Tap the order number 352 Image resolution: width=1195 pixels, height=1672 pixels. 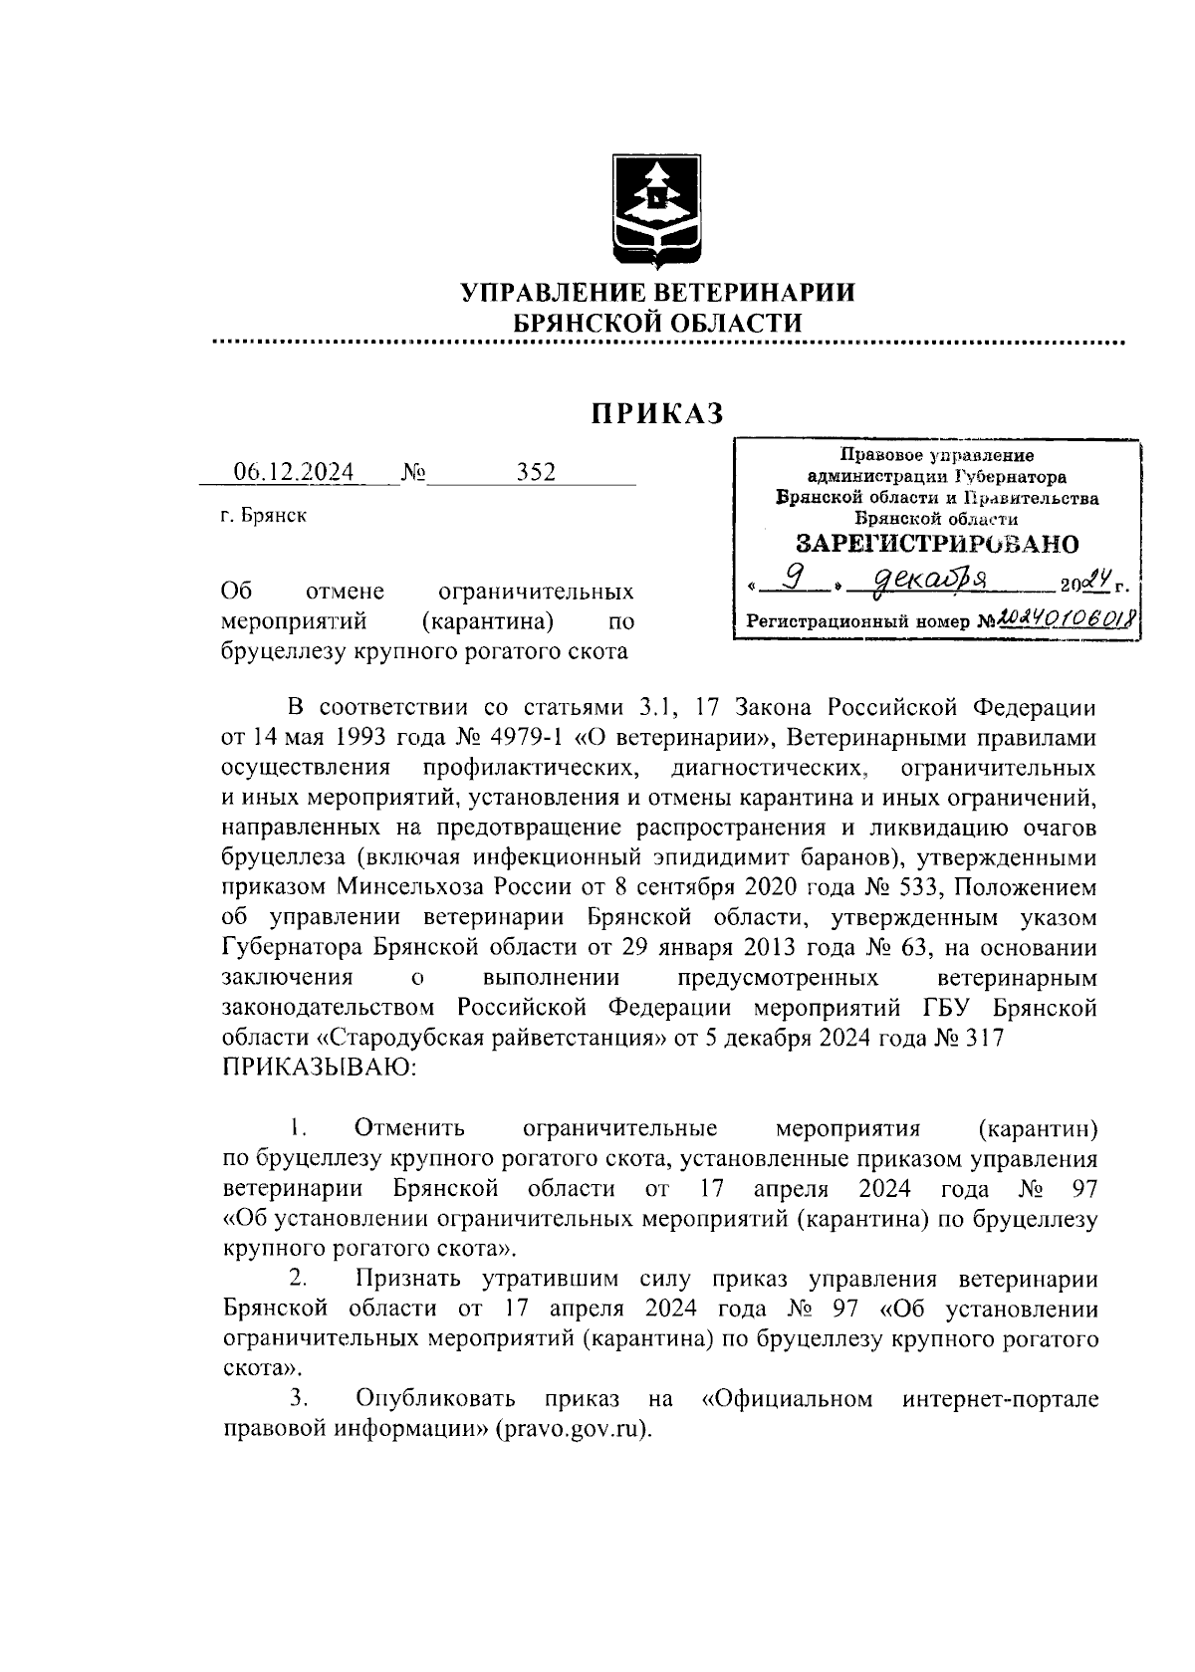coord(536,472)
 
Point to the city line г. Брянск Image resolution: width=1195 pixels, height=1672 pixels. coord(263,516)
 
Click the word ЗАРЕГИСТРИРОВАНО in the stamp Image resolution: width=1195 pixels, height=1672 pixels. coord(937,544)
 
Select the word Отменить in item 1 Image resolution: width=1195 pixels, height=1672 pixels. coord(409,1129)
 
